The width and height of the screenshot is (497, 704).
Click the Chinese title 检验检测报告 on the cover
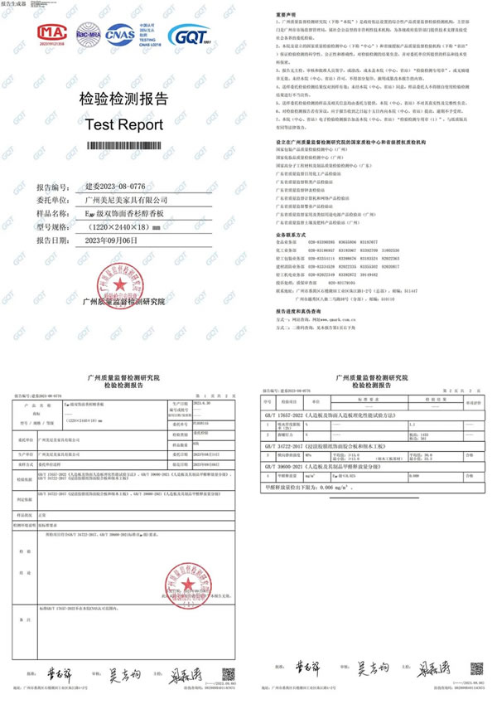pyautogui.click(x=123, y=100)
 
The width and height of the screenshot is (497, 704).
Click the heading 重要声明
pyautogui.click(x=285, y=15)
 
